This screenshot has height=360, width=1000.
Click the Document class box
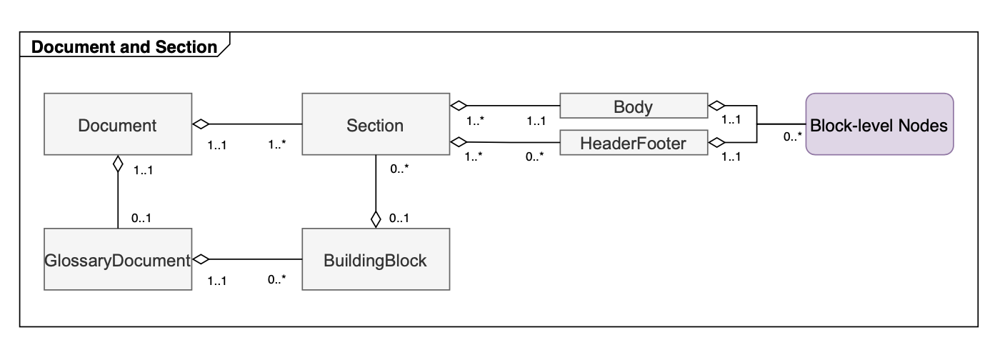(117, 126)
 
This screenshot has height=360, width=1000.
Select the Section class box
(376, 126)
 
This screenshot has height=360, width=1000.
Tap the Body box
(633, 107)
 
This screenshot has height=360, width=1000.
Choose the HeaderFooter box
(633, 144)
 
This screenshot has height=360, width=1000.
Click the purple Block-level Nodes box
(879, 125)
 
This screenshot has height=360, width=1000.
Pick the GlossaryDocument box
(117, 260)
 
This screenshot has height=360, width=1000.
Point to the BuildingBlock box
(376, 260)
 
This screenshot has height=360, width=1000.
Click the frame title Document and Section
(124, 47)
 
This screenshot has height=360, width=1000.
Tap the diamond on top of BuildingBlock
(376, 219)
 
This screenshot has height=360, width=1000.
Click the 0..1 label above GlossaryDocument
(141, 218)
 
